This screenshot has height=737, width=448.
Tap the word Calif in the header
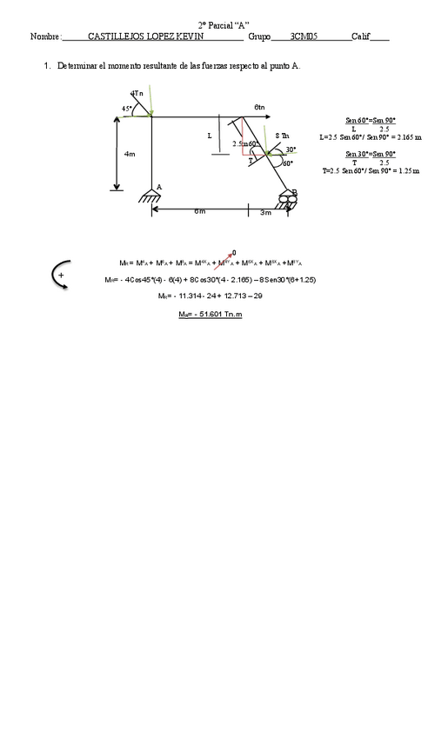pyautogui.click(x=361, y=37)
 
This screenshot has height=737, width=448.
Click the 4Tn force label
pyautogui.click(x=137, y=93)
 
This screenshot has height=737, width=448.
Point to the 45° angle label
pyautogui.click(x=127, y=109)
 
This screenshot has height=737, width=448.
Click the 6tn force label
pyautogui.click(x=259, y=107)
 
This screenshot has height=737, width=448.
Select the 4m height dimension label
pyautogui.click(x=129, y=154)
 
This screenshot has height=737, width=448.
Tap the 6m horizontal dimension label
pyautogui.click(x=199, y=211)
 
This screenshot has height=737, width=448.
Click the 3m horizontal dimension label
pyautogui.click(x=265, y=212)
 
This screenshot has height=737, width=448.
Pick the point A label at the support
pyautogui.click(x=159, y=187)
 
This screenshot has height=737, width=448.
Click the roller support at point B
pyautogui.click(x=288, y=200)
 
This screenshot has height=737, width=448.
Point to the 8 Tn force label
pyautogui.click(x=282, y=136)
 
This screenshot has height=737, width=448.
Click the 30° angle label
pyautogui.click(x=291, y=149)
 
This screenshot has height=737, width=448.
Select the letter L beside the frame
pyautogui.click(x=209, y=136)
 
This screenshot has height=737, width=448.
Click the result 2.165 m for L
pyautogui.click(x=406, y=137)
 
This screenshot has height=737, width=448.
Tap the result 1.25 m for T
pyautogui.click(x=406, y=171)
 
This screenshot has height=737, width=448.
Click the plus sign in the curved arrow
pyautogui.click(x=61, y=276)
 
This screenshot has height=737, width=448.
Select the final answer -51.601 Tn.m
pyautogui.click(x=211, y=314)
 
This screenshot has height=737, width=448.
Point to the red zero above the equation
pyautogui.click(x=234, y=252)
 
